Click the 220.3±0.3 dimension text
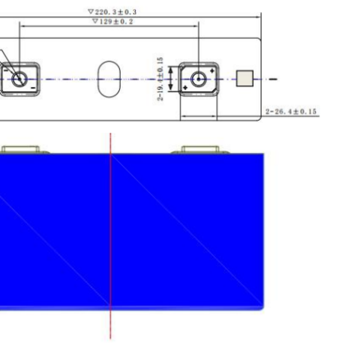point(115,12)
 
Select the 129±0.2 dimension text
point(116,22)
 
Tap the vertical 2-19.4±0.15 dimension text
point(160,79)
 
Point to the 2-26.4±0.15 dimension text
point(291,111)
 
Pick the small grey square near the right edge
point(244,78)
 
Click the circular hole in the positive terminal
point(199,79)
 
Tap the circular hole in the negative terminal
point(19,79)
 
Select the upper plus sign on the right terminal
point(212,70)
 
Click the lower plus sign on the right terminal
point(185,88)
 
